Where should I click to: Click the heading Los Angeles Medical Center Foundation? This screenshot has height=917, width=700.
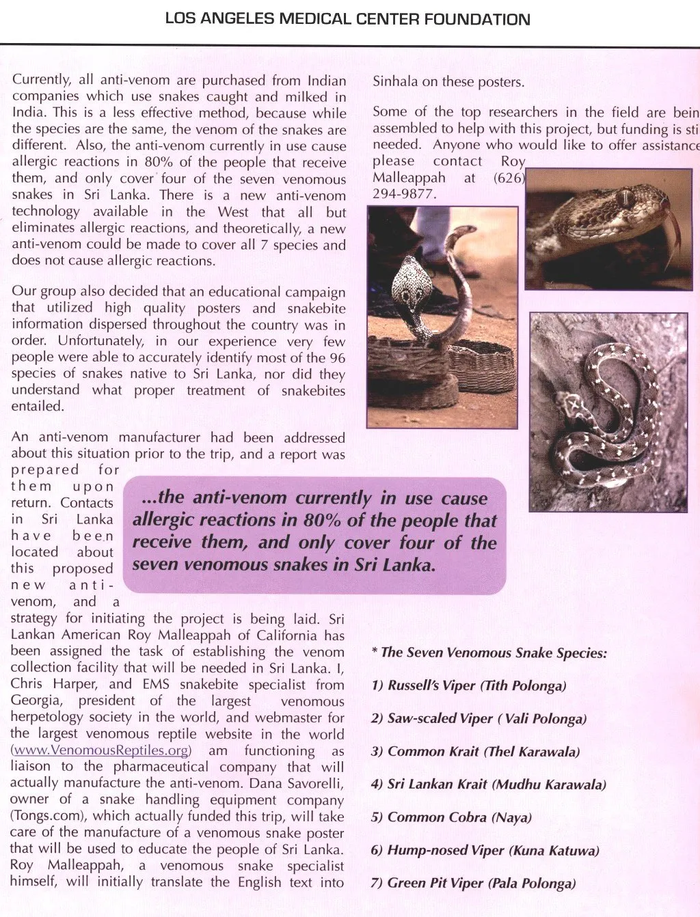point(347,19)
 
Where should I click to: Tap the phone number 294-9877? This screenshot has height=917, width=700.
point(403,194)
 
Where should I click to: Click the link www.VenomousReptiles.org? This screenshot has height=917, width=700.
point(101,750)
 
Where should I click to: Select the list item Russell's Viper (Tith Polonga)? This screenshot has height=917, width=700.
point(469,685)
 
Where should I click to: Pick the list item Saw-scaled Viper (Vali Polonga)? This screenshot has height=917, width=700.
point(479,718)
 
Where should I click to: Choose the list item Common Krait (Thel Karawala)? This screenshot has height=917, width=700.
point(475,752)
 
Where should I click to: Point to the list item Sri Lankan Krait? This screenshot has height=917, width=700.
point(488,784)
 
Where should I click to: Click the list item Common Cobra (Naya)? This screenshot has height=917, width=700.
point(451,817)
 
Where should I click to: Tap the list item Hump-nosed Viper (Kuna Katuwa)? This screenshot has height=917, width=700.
point(485,851)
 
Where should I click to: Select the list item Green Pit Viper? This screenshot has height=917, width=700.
point(473,884)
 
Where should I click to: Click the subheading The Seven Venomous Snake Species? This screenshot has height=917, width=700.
point(489,653)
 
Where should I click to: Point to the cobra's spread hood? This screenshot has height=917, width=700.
point(414,282)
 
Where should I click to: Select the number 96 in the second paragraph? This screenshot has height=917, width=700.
point(336,357)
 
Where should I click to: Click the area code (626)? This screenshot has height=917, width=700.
point(509,178)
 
